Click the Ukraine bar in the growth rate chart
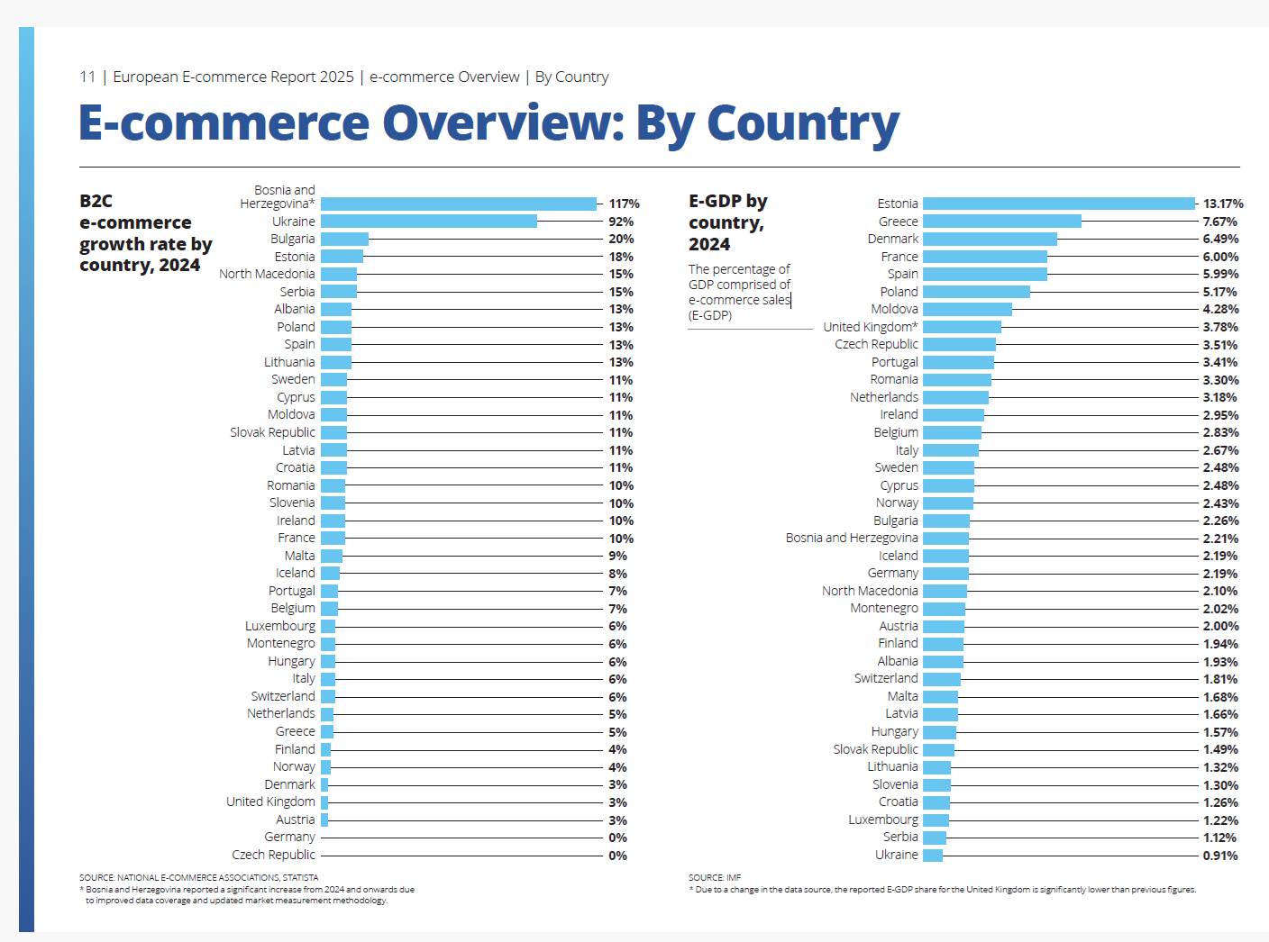point(429,222)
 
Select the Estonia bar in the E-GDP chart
point(1058,204)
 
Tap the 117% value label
point(624,204)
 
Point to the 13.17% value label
point(1222,204)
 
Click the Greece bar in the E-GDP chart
point(1001,222)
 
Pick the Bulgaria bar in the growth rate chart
point(344,239)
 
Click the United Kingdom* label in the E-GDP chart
point(870,327)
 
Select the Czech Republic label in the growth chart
point(273,855)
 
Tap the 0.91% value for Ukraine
point(1219,856)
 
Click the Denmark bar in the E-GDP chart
point(990,239)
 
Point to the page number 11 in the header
point(87,77)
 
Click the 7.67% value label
point(1219,222)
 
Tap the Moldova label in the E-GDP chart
point(894,309)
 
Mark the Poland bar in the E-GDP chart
point(976,292)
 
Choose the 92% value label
point(621,222)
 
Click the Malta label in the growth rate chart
point(299,556)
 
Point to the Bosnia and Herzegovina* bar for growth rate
point(459,204)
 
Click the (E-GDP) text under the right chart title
point(710,315)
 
